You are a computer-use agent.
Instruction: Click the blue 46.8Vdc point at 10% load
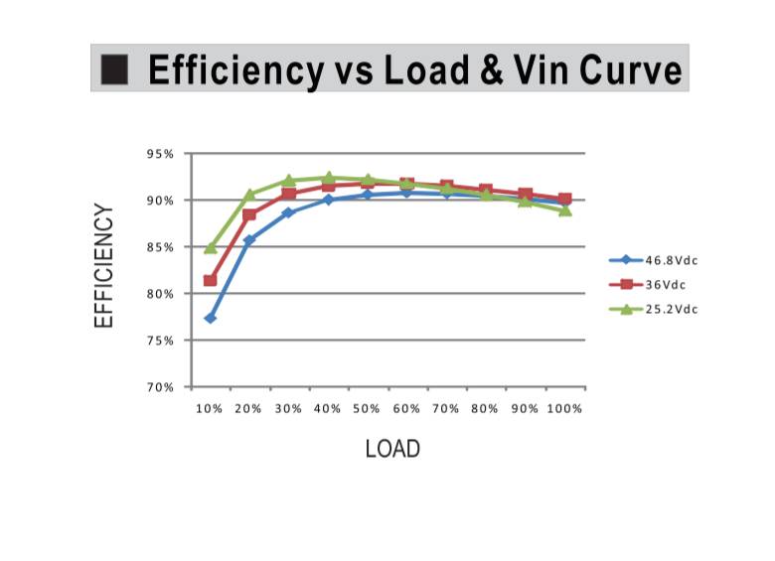211,318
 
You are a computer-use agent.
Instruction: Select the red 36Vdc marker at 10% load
211,281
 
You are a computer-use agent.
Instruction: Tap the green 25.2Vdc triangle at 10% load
211,248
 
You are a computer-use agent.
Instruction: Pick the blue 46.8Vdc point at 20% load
249,239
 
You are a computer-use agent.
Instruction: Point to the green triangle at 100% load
565,210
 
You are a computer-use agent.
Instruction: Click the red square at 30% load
288,194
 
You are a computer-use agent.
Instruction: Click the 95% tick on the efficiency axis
163,154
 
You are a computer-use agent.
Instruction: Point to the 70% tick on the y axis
163,387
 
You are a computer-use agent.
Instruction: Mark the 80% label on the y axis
163,294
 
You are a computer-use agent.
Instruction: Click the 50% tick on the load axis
367,409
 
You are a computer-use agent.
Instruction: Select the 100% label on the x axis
565,409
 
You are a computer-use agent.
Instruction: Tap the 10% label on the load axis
210,409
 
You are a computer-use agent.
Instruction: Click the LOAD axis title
392,449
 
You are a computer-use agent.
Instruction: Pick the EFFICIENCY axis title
104,265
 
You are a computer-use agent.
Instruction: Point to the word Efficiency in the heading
235,70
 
